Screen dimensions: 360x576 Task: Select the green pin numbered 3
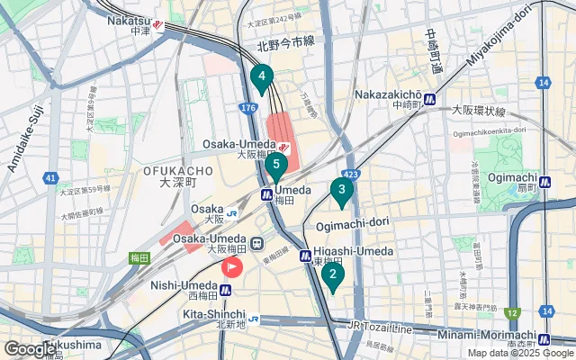pyautogui.click(x=341, y=191)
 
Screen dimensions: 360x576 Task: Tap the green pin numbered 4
pyautogui.click(x=261, y=78)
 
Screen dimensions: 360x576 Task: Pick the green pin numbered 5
pyautogui.click(x=276, y=166)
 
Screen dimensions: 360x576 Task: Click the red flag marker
pyautogui.click(x=231, y=267)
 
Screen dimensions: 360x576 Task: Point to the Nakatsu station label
pyautogui.click(x=130, y=21)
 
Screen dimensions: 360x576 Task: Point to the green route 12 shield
pyautogui.click(x=512, y=312)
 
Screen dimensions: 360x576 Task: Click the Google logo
pyautogui.click(x=31, y=348)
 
